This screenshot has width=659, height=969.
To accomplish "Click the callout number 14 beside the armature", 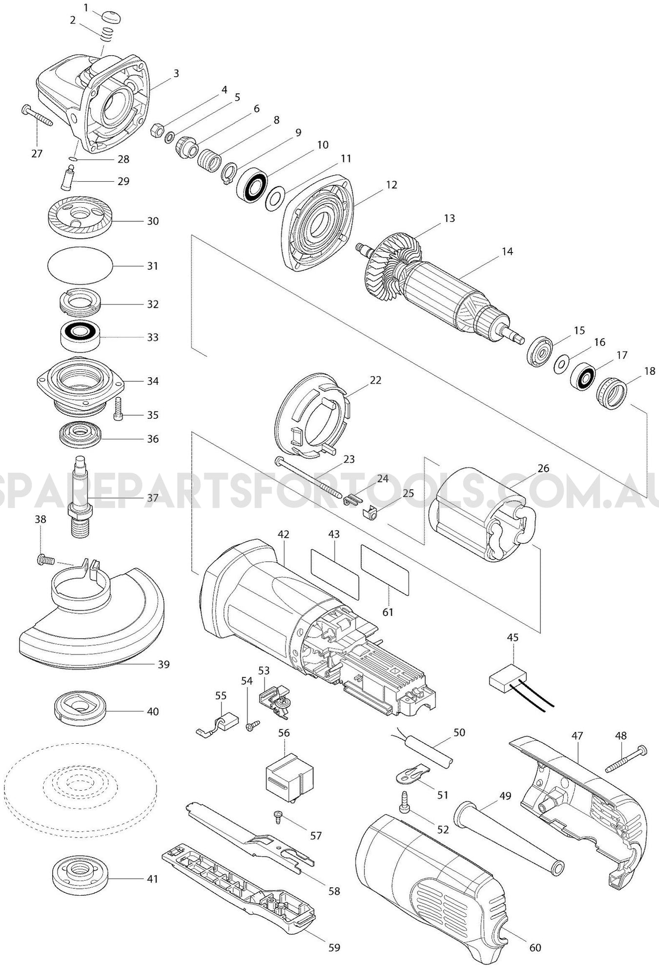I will [x=507, y=251].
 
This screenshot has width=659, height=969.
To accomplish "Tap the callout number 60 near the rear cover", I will [x=535, y=947].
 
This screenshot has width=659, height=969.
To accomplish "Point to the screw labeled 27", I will [x=37, y=116].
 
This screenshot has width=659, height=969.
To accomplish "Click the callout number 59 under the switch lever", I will [x=334, y=947].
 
